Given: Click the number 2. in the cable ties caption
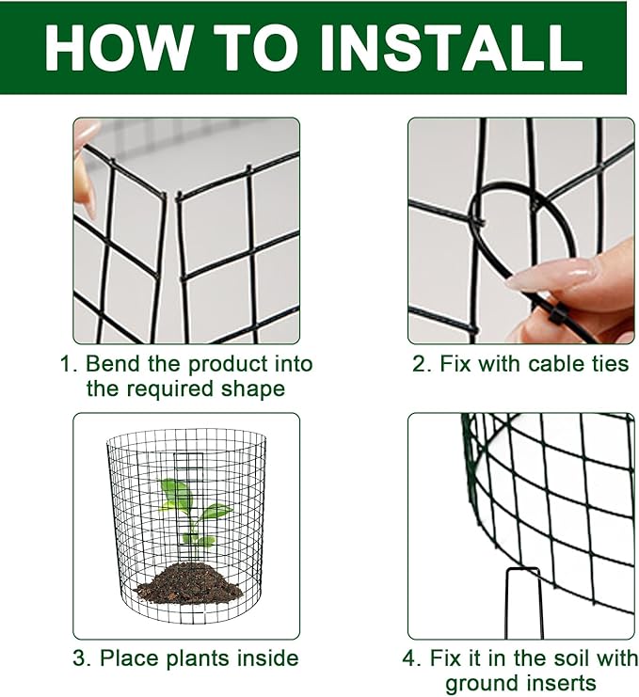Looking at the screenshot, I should click(x=422, y=364).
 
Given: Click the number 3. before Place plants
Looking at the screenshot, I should click(x=82, y=658).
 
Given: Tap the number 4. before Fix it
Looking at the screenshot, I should click(x=411, y=658).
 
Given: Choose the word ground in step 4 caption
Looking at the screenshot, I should click(x=483, y=683).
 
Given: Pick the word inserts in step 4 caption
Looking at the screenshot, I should click(x=564, y=683).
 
